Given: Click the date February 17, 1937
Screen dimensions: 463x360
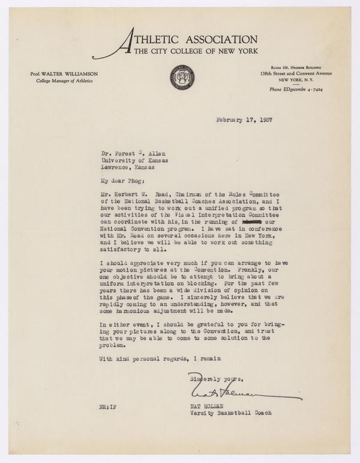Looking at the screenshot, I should coord(244,120).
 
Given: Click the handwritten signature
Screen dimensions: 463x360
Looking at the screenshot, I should coord(240,394).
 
